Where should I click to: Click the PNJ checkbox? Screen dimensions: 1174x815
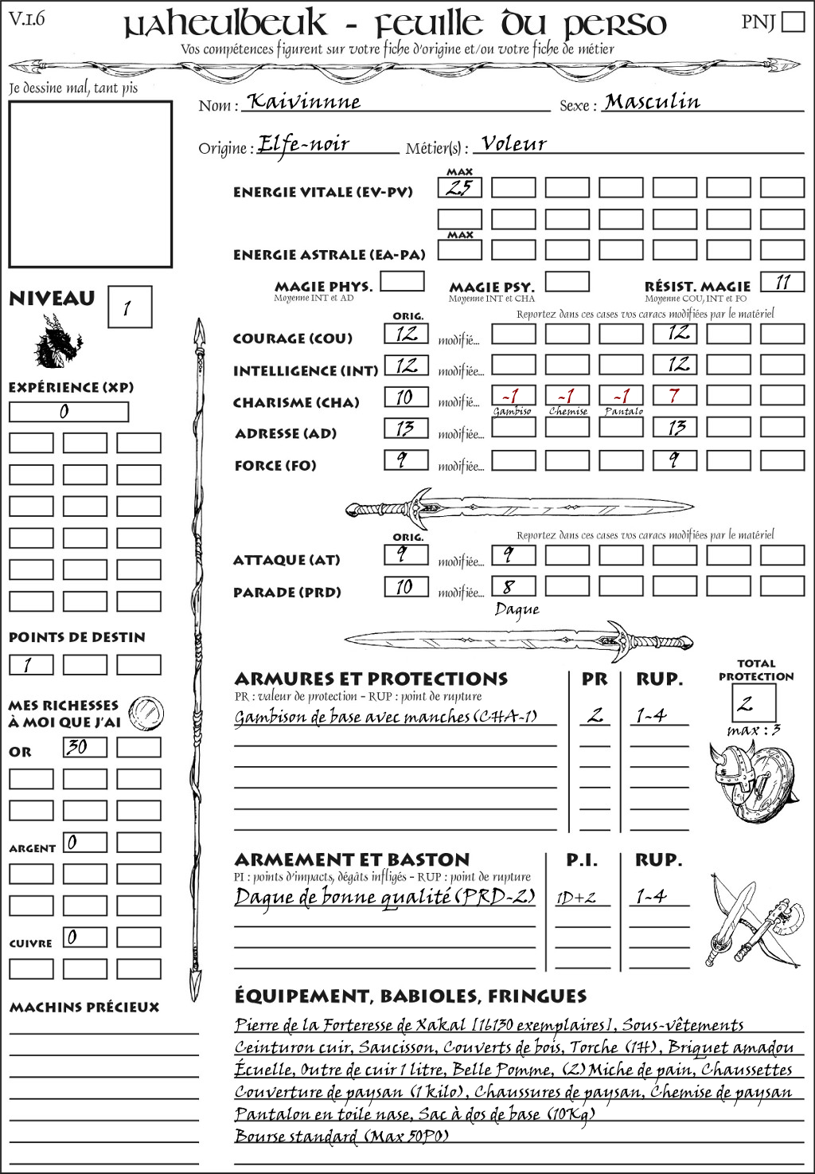(x=793, y=21)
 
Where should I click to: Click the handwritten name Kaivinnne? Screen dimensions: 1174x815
(x=303, y=102)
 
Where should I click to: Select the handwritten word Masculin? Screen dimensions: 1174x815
(x=652, y=101)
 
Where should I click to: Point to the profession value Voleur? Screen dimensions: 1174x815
(x=514, y=144)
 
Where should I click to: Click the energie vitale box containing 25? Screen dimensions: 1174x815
(x=460, y=188)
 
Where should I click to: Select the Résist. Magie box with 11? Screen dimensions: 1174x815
(x=782, y=282)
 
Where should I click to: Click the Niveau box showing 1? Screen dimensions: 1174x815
(x=129, y=307)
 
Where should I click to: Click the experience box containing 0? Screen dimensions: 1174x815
(x=68, y=412)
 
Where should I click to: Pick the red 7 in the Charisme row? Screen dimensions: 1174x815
(x=674, y=395)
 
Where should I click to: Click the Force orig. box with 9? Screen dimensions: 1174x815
(x=406, y=460)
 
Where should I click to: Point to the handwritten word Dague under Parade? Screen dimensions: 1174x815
(x=517, y=610)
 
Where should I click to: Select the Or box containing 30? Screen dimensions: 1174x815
(x=84, y=747)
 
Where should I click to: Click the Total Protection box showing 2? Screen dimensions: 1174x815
(x=753, y=702)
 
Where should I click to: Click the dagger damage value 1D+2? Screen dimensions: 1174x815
(x=576, y=898)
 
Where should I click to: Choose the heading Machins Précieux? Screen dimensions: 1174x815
(x=84, y=1007)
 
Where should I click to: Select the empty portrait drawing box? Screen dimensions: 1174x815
(x=90, y=184)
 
